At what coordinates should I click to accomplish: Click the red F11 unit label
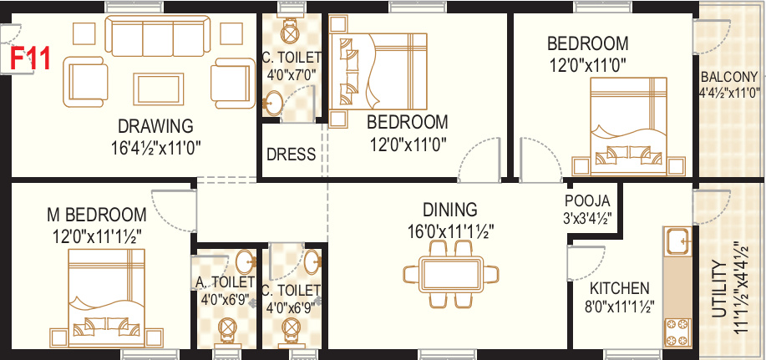click(x=30, y=60)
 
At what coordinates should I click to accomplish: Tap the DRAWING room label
click(x=155, y=126)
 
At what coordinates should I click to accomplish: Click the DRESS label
click(x=291, y=155)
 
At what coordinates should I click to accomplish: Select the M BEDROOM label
click(x=96, y=215)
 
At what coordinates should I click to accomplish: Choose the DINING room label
click(x=449, y=210)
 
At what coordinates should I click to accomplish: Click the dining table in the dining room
click(x=451, y=275)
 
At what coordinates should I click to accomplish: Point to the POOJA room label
click(x=588, y=201)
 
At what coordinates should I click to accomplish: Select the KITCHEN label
click(x=617, y=285)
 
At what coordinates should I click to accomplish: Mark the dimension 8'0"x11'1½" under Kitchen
click(x=617, y=306)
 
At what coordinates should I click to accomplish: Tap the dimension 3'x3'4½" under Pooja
click(x=588, y=220)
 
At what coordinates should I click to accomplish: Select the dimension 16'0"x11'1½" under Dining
click(x=449, y=230)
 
